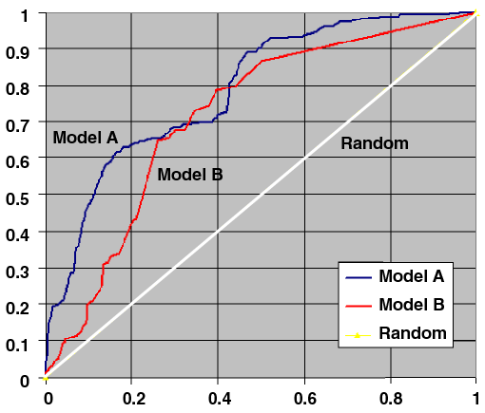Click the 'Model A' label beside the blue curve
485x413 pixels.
86,138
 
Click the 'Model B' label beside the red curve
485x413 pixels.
190,174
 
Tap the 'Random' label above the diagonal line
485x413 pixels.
375,143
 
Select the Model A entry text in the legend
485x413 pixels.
411,276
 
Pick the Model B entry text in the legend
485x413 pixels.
411,305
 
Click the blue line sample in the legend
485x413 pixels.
358,277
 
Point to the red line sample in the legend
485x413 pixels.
358,306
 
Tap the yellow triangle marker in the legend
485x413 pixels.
358,333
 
